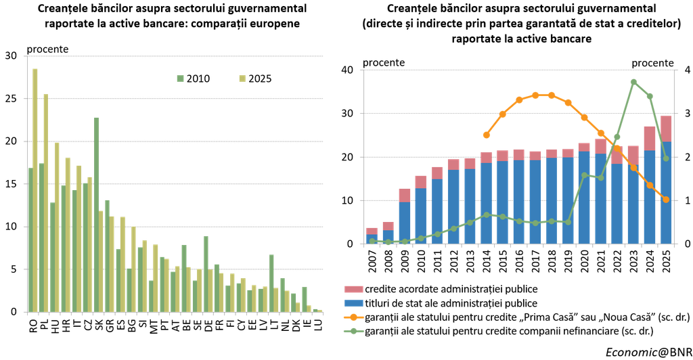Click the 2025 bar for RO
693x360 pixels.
(35, 190)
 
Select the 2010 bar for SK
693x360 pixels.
(96, 215)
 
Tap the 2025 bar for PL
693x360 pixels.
(46, 203)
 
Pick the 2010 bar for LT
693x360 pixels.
(272, 284)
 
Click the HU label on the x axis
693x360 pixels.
(54, 326)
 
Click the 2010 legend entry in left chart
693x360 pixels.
(193, 78)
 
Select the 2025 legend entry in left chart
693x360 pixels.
(255, 78)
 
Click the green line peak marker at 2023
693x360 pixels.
(633, 82)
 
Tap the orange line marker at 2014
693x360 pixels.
(487, 135)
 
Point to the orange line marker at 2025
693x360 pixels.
(666, 200)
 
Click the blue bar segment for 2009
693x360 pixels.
(405, 223)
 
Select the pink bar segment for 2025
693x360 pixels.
(666, 129)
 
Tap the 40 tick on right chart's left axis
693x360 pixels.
(348, 70)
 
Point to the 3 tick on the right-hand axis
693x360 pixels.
(687, 114)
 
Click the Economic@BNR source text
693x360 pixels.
(649, 352)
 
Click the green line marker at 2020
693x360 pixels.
(584, 175)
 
